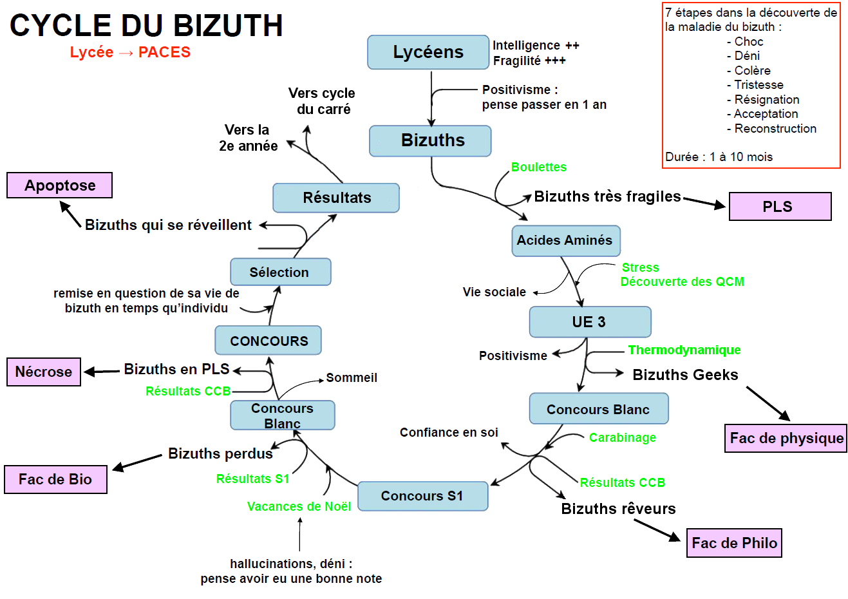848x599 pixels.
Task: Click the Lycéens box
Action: (428, 52)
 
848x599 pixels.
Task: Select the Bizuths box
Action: (430, 140)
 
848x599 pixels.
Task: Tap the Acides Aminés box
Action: (566, 241)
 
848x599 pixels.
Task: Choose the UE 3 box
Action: (590, 322)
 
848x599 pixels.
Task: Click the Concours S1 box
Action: (422, 496)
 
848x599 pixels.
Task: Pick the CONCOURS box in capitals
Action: (269, 341)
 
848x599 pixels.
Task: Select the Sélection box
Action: (281, 272)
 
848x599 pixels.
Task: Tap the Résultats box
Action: (336, 198)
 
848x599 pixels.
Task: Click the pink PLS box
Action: (780, 207)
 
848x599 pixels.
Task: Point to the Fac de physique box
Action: (786, 439)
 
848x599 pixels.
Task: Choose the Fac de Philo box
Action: (734, 543)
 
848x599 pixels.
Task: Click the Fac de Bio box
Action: (55, 479)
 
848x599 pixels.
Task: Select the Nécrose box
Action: (44, 372)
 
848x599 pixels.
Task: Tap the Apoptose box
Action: (60, 185)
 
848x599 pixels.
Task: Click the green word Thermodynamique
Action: (684, 350)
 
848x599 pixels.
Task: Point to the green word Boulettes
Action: (539, 167)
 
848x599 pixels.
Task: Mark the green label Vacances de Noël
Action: (299, 506)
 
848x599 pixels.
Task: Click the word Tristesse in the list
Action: (758, 85)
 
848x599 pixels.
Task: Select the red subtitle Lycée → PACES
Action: (130, 52)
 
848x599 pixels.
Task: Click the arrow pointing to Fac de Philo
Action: (657, 529)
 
